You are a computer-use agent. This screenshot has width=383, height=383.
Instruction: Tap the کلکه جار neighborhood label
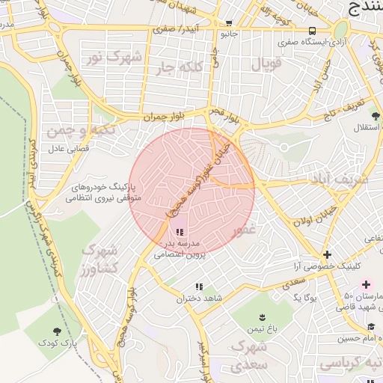point(177,68)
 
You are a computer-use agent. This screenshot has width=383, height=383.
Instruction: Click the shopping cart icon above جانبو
point(228,22)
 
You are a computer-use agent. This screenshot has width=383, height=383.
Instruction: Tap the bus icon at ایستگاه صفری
point(312,31)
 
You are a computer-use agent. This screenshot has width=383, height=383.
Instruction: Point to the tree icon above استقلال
point(375,116)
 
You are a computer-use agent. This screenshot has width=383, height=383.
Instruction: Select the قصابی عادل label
point(69,149)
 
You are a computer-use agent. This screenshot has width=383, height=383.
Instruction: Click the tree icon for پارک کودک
point(58,331)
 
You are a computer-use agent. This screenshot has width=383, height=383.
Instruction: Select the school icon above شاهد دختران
point(199,287)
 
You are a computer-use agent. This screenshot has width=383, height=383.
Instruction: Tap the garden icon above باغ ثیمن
point(263,317)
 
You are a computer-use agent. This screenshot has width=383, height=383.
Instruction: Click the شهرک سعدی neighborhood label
point(249,356)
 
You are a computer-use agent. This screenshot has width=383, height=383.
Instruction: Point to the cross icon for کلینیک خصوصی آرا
point(327,254)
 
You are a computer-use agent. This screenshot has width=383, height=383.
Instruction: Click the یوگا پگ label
point(306,298)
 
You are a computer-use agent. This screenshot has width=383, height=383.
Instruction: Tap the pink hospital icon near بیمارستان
point(366,284)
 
